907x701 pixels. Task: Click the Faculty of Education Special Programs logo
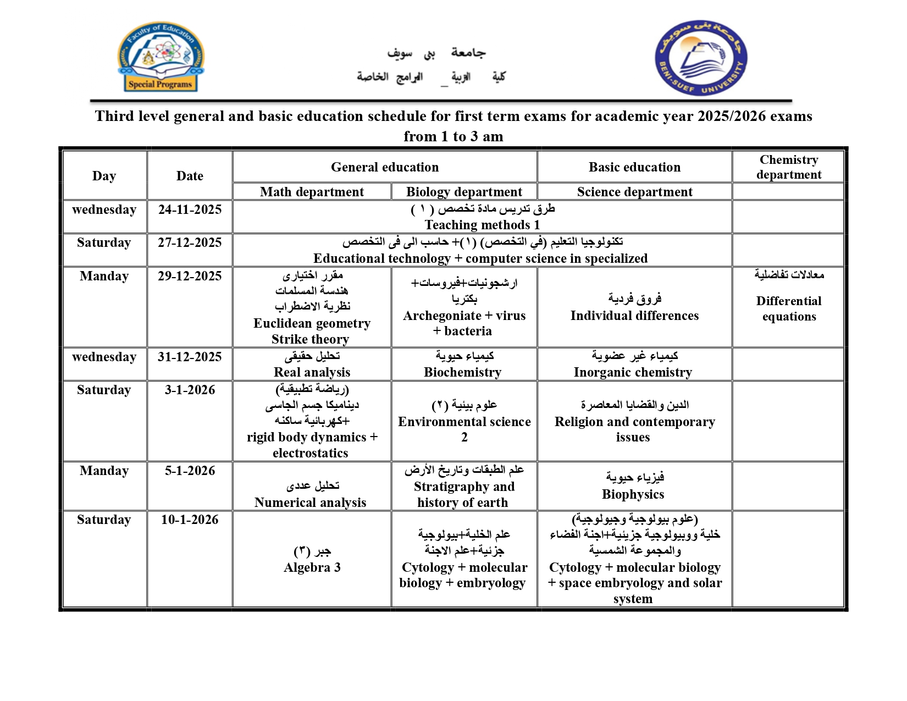(161, 57)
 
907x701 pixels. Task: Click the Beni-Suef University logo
(701, 58)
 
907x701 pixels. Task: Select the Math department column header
(312, 192)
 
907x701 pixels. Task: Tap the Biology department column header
(464, 192)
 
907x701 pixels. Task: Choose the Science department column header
(634, 192)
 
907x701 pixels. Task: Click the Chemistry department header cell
(788, 167)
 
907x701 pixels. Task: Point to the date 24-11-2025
(190, 209)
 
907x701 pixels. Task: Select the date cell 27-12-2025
(190, 242)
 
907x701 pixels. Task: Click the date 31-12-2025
(190, 357)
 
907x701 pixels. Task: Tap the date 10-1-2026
(190, 520)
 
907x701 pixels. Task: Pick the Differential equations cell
(788, 308)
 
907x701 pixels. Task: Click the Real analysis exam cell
(312, 365)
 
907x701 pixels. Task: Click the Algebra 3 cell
(312, 560)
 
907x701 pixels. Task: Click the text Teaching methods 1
(482, 225)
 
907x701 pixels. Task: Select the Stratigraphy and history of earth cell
(464, 487)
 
